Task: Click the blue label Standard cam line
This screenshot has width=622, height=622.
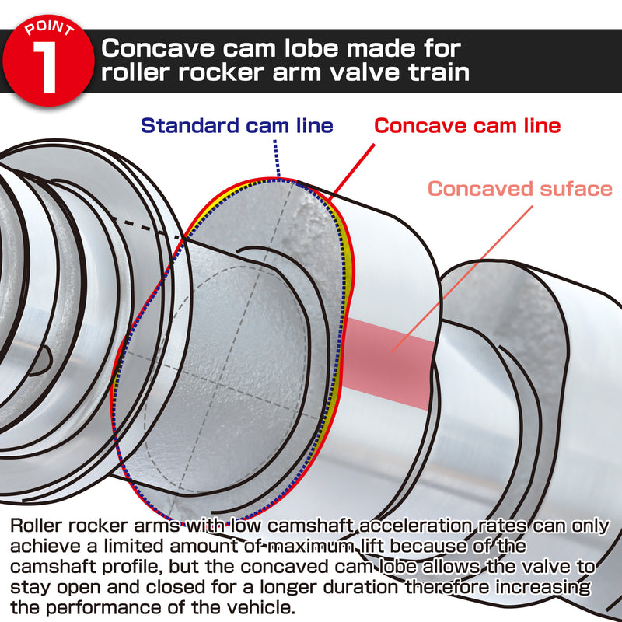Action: click(x=236, y=125)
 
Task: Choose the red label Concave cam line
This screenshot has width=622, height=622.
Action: click(x=467, y=125)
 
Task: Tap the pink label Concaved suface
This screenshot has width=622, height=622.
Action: click(x=520, y=188)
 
